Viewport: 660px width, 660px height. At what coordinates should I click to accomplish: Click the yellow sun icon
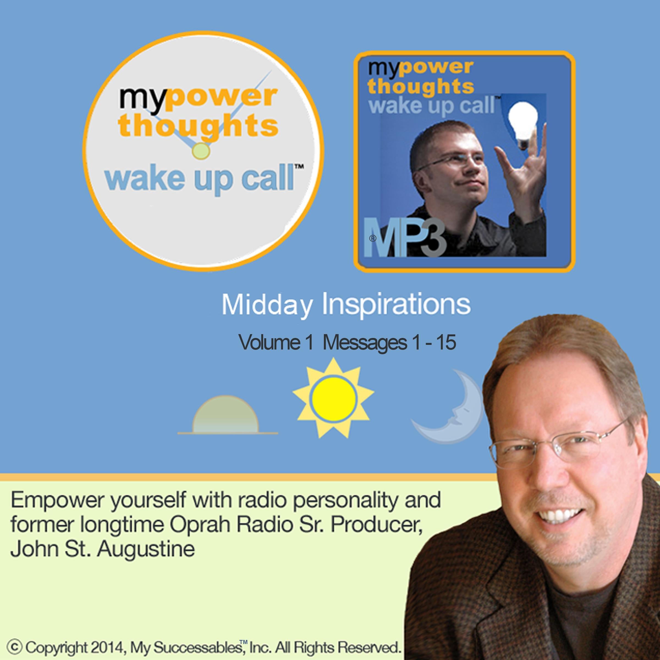(x=333, y=398)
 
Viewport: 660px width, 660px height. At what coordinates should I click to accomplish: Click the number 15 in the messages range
(x=446, y=342)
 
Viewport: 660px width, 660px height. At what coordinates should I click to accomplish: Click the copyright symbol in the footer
(x=14, y=647)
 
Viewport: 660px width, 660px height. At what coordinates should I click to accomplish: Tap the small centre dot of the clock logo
(x=201, y=151)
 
